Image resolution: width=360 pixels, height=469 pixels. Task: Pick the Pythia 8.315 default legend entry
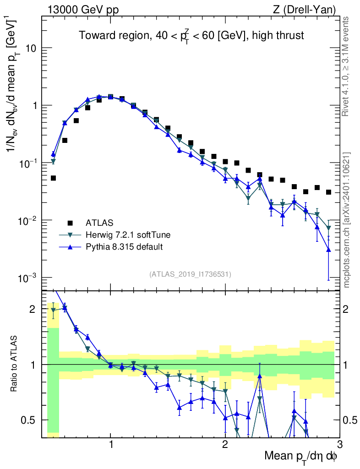click(x=124, y=247)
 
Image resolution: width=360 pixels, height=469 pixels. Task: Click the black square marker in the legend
click(x=70, y=223)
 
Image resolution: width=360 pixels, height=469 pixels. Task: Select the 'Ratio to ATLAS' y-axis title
click(x=16, y=364)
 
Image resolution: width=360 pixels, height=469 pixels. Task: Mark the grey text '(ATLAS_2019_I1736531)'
click(x=190, y=274)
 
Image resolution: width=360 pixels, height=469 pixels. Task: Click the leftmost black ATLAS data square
click(x=53, y=178)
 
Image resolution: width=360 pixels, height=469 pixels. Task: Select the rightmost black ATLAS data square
click(x=328, y=192)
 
